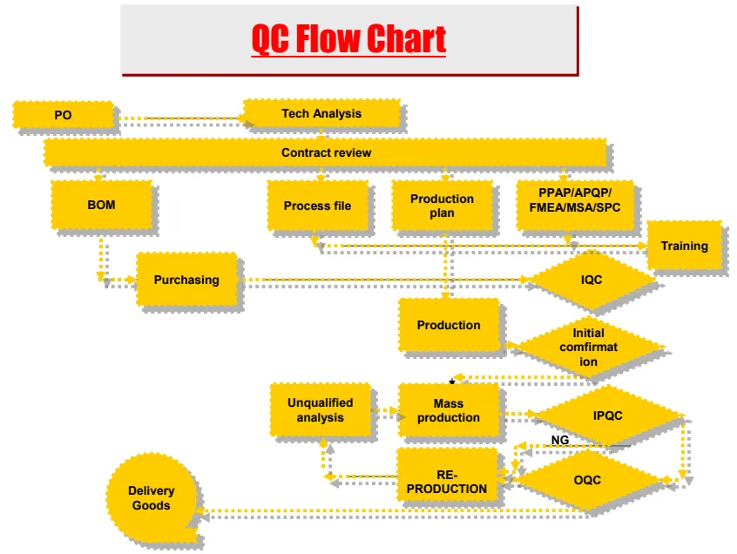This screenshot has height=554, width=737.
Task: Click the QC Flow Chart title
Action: coord(348,39)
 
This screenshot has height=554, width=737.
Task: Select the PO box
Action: coord(63,114)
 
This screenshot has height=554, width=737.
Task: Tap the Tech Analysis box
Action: coord(321,113)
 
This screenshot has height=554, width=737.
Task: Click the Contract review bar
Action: coord(325,152)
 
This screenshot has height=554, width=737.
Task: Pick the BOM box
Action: coord(101,206)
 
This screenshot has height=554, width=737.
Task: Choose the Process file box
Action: coord(317,206)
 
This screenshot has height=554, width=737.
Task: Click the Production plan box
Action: coord(442,206)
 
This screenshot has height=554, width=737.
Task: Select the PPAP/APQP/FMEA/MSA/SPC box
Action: coord(574,206)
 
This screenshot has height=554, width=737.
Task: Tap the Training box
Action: coord(684,246)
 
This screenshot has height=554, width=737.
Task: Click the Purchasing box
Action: coord(186,280)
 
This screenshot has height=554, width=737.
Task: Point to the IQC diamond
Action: coord(592,280)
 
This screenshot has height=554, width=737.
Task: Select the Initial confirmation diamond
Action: coord(589,347)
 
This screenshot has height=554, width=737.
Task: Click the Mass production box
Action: coord(448,410)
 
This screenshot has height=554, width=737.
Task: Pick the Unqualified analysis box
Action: coord(320,409)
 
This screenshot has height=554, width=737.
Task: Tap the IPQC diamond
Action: coord(607,415)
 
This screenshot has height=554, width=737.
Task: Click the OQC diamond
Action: coord(587,480)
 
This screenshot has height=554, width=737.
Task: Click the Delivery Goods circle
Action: coord(151,498)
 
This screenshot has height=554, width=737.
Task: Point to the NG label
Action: coord(560,440)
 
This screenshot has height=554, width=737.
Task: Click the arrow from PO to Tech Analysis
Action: coord(179,118)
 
